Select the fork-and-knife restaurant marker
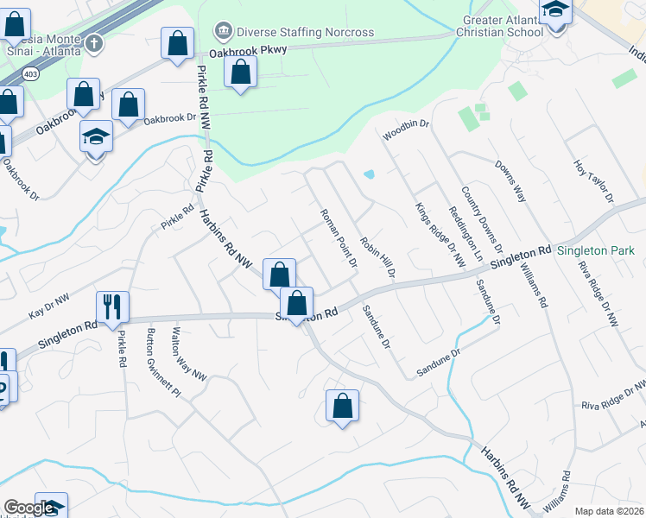113,306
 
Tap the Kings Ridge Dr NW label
440,233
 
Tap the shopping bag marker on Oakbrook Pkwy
241,73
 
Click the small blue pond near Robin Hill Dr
370,174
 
